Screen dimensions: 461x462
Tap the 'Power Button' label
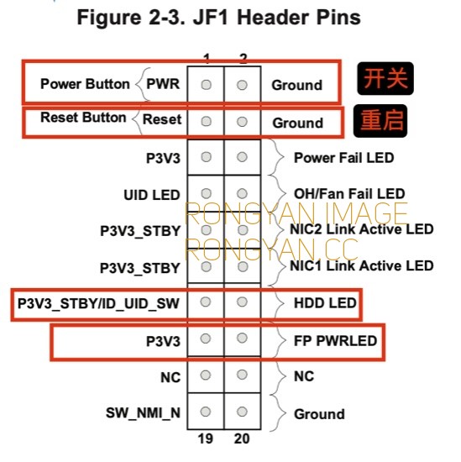pos(85,84)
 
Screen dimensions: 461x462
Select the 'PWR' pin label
pos(163,84)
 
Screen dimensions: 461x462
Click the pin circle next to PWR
pos(206,85)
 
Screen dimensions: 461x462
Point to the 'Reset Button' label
pos(83,118)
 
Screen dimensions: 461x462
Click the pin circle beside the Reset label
pos(206,122)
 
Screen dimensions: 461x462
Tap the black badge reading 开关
pos(385,78)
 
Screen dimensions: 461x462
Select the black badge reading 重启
pos(380,121)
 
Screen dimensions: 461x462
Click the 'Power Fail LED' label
pos(343,158)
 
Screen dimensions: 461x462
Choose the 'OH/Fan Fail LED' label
pos(349,194)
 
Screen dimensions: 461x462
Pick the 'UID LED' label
pos(152,195)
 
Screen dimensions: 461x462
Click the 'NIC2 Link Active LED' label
pos(362,229)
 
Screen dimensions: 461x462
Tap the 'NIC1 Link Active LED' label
pos(362,265)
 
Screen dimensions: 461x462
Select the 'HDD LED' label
pos(325,303)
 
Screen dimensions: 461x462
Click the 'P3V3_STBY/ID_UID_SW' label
pos(98,303)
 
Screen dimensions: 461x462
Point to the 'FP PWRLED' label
pos(336,341)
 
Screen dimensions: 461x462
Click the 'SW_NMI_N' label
pos(143,412)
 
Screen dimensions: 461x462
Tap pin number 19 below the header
pos(206,438)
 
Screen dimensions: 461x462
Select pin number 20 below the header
pos(242,438)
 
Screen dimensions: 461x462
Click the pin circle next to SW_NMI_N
pos(206,412)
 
